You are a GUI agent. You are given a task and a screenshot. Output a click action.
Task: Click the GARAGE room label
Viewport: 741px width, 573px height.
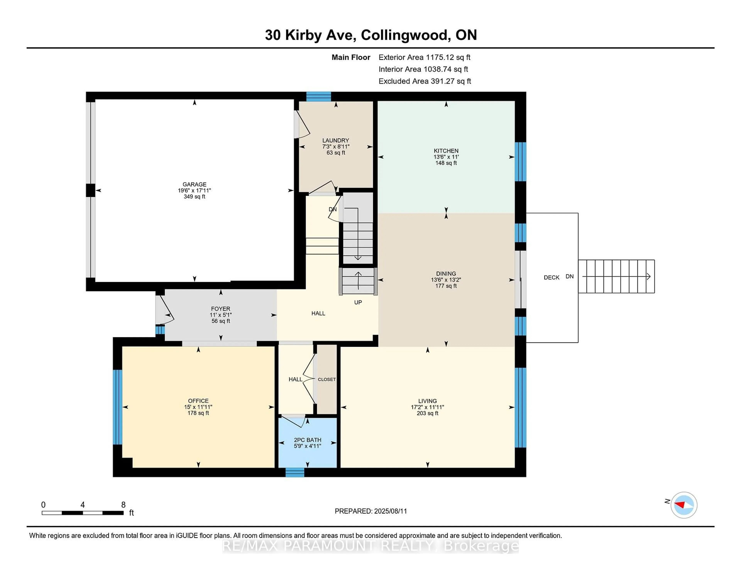coord(194,184)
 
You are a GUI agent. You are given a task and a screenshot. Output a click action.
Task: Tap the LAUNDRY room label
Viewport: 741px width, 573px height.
coord(336,140)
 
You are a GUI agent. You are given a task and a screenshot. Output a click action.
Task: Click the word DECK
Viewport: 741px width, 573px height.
coord(551,277)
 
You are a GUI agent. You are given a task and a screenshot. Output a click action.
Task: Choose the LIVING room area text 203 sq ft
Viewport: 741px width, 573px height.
coord(427,413)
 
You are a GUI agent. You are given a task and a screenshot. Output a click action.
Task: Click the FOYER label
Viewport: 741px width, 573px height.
coord(221,309)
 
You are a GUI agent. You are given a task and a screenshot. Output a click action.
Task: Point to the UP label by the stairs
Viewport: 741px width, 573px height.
coord(358,302)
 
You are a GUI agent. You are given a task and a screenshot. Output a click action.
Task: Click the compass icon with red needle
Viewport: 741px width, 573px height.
coord(684,505)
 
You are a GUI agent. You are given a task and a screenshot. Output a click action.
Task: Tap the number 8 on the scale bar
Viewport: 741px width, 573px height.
coord(123,505)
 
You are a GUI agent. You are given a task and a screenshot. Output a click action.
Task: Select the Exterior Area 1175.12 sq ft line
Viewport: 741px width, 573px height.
coord(425,57)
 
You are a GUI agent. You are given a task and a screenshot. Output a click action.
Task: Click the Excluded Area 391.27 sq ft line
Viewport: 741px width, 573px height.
coord(425,81)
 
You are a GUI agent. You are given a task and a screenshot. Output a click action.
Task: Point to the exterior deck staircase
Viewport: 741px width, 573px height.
coord(616,276)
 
